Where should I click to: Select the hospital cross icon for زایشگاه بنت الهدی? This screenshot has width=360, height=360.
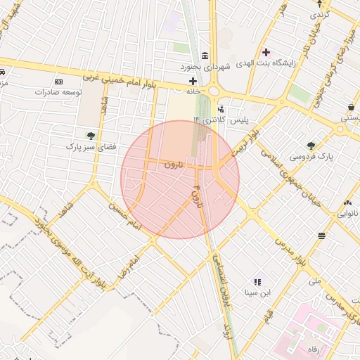coord(266,52)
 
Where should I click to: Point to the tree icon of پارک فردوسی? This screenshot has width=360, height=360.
coord(311,146)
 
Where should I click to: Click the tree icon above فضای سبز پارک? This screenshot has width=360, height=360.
coord(90,136)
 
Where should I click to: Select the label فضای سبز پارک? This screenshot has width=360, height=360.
coord(90,147)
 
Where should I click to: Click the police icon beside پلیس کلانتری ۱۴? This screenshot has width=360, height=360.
coord(221,110)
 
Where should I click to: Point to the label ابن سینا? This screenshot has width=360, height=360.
coord(257,292)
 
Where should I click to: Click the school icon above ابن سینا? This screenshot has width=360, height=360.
coord(257,281)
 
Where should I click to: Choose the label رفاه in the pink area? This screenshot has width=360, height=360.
coord(311,349)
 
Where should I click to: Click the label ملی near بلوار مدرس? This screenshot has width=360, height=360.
coord(314,281)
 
